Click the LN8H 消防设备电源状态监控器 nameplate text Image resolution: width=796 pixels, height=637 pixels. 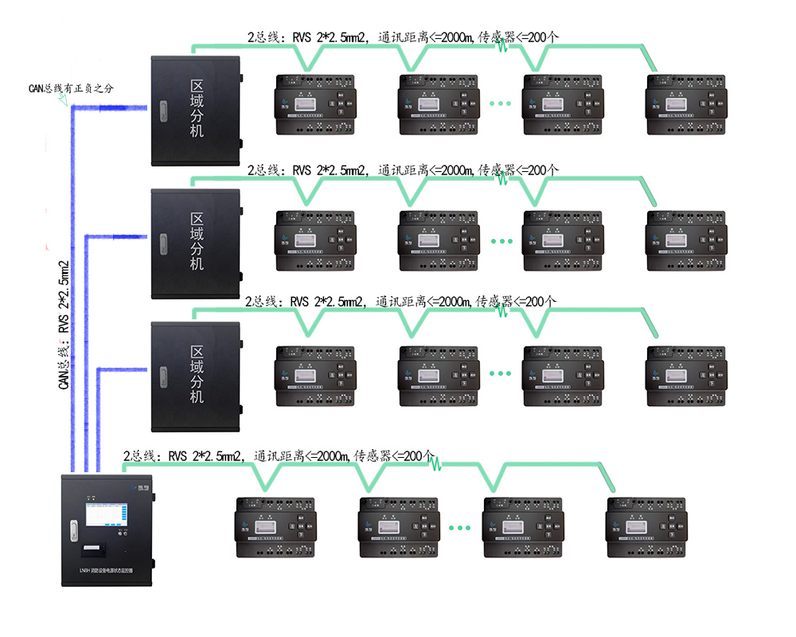click(100, 571)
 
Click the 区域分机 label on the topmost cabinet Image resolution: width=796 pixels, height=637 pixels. click(196, 108)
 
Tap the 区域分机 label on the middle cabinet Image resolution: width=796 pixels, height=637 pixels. click(196, 241)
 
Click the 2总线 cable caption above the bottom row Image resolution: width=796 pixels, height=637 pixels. click(279, 457)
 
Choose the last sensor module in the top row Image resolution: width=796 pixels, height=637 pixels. click(682, 104)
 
